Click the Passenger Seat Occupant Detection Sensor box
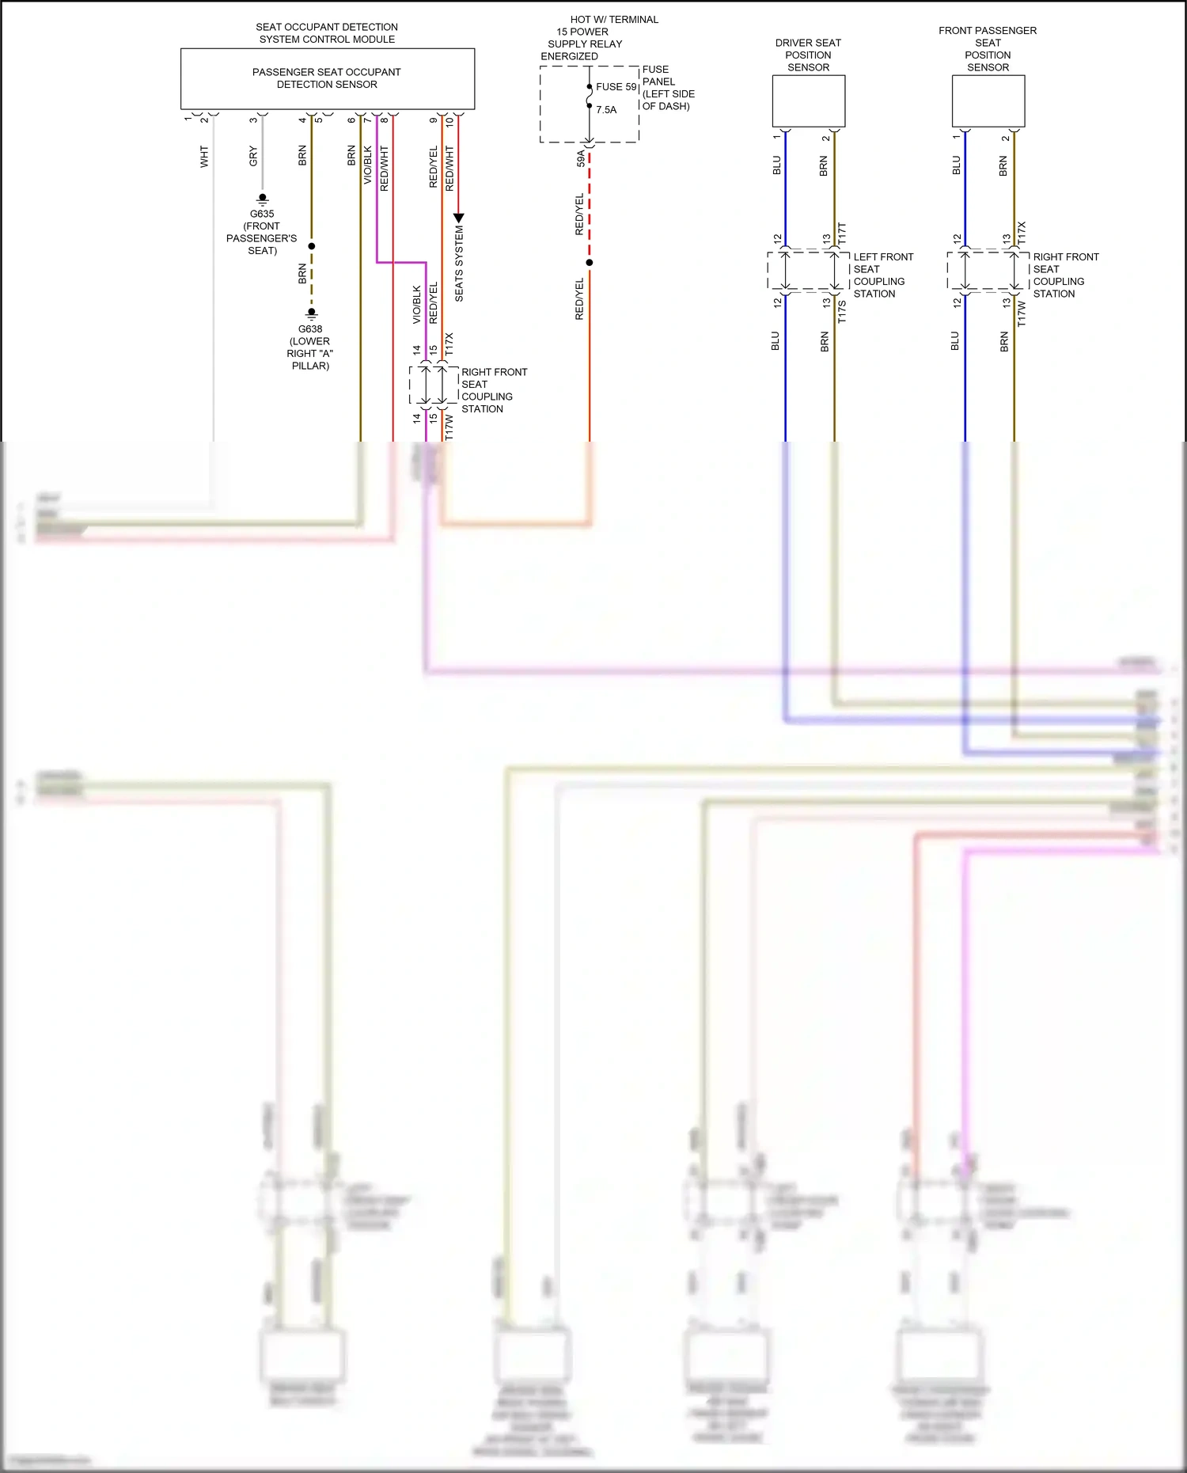click(327, 78)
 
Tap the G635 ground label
click(262, 214)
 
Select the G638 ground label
click(310, 329)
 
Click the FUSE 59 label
click(616, 87)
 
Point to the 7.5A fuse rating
click(606, 110)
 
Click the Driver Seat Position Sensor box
click(808, 101)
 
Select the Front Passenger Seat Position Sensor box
click(988, 101)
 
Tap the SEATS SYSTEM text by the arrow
click(459, 264)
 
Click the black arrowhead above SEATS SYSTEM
click(458, 218)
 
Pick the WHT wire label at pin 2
click(204, 156)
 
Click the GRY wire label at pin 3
click(253, 156)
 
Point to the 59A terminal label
click(580, 158)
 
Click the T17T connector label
click(842, 233)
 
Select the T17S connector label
click(842, 311)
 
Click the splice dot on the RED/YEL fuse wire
click(590, 263)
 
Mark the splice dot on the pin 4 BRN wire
click(312, 246)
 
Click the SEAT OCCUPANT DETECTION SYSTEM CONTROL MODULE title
click(327, 33)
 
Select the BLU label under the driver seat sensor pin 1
click(776, 165)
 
